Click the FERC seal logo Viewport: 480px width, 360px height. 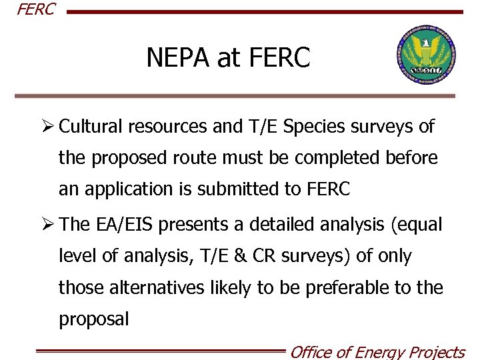pos(425,57)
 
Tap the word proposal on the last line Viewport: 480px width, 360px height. pos(94,319)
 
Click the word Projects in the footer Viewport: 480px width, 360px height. pos(436,352)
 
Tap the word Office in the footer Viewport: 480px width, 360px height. pos(312,352)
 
